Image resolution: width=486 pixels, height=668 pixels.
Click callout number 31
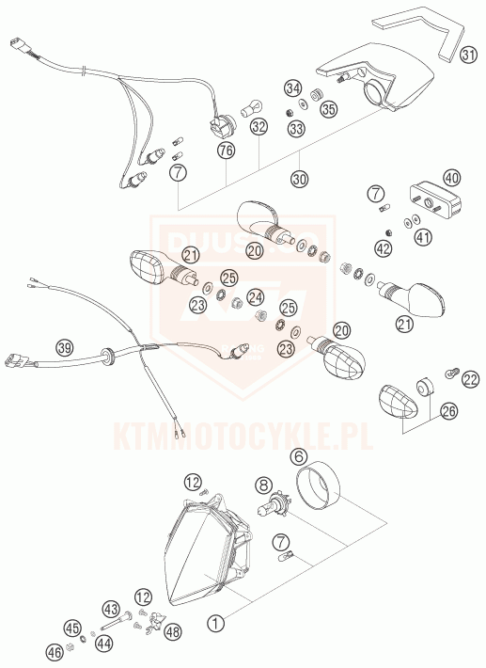click(x=467, y=56)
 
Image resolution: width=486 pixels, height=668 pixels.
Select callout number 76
click(x=226, y=150)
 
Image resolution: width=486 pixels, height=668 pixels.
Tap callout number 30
click(x=299, y=178)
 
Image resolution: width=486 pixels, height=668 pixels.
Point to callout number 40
click(x=451, y=177)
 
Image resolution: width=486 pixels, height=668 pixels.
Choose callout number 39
click(x=64, y=347)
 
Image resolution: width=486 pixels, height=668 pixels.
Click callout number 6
click(x=299, y=458)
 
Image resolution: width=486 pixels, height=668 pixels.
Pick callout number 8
click(x=263, y=486)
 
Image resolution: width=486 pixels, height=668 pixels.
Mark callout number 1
click(x=215, y=623)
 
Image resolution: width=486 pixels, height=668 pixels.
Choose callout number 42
click(x=383, y=248)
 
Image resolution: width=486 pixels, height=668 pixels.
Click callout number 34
click(x=292, y=87)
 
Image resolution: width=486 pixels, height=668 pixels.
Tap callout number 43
click(x=110, y=610)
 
